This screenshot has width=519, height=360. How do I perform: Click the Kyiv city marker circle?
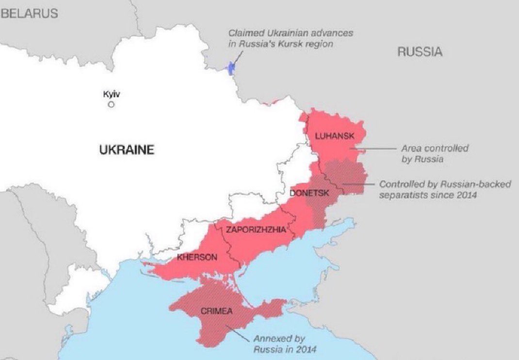(x=112, y=104)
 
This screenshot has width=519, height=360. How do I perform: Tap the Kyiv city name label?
(x=111, y=94)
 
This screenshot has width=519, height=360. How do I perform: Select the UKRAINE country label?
(x=127, y=150)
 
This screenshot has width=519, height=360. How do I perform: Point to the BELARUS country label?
(x=30, y=14)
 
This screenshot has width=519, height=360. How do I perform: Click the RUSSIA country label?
(x=420, y=52)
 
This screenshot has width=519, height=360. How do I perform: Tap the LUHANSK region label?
(x=335, y=136)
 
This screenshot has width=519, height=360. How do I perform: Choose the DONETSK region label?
(x=309, y=193)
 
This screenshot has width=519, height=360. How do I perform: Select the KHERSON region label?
(x=197, y=257)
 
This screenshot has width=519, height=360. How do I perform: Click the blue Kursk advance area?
(x=231, y=68)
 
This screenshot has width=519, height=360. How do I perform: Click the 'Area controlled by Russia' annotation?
(x=435, y=153)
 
